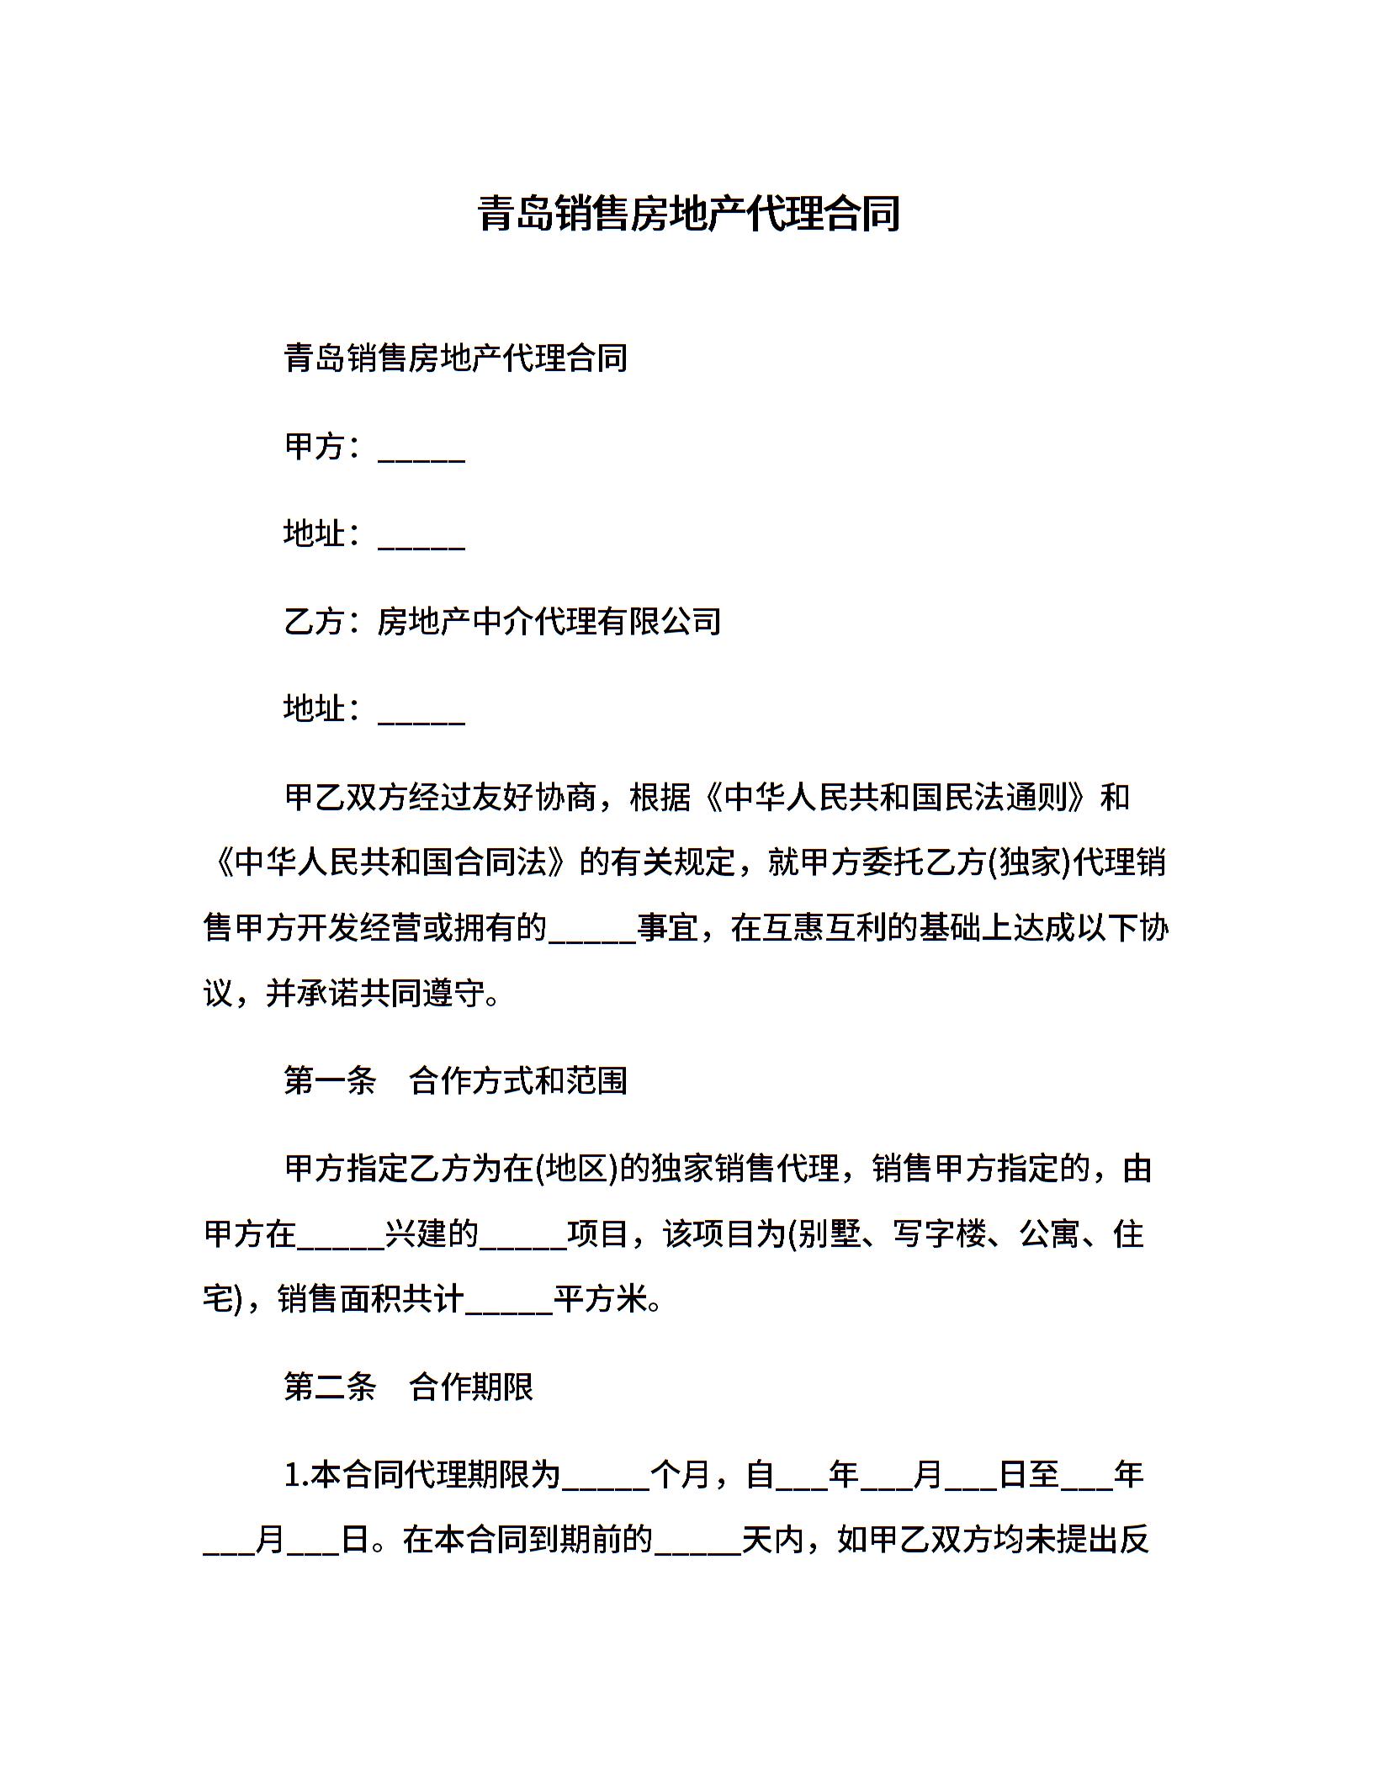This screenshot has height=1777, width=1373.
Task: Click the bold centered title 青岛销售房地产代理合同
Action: tap(688, 214)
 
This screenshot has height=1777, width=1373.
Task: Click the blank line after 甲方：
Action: tap(421, 450)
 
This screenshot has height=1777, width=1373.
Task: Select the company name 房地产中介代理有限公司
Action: tap(549, 622)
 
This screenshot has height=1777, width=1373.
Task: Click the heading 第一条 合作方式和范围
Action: tap(455, 1081)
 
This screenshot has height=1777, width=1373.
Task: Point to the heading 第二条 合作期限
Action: tap(408, 1387)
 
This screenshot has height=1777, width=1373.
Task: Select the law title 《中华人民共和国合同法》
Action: tap(391, 862)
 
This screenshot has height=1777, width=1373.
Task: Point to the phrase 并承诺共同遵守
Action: tap(376, 994)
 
